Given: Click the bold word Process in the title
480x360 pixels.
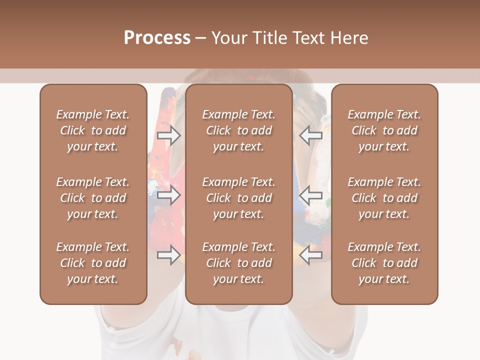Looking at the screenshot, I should click(157, 38).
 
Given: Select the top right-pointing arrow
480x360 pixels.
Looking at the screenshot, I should click(168, 135).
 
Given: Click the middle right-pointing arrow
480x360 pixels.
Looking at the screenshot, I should click(168, 195).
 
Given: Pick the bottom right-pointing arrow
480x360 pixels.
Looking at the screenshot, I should click(168, 255).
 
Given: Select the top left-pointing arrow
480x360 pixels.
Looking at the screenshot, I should click(311, 135).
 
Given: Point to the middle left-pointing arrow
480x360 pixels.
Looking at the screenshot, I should click(311, 195).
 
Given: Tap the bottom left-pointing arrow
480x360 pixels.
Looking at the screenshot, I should click(311, 255).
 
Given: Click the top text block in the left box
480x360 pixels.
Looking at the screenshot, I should click(93, 130).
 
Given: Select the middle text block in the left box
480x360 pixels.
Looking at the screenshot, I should click(93, 198).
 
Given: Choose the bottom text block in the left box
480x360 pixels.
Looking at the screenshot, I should click(93, 263).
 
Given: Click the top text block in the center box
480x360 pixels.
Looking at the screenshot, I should click(238, 130).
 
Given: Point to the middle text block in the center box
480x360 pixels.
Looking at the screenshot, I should click(238, 198).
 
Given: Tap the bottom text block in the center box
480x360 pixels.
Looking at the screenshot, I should click(238, 263).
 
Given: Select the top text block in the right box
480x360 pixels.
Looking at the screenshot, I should click(384, 130).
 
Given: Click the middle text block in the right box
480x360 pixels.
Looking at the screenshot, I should click(384, 198).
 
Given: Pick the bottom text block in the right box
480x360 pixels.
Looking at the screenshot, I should click(384, 263).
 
